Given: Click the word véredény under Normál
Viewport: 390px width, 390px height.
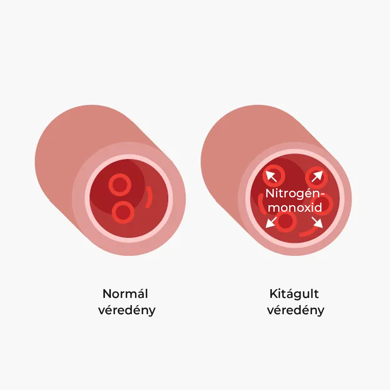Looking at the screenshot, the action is (127, 310).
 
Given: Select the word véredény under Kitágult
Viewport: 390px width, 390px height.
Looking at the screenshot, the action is (296, 310).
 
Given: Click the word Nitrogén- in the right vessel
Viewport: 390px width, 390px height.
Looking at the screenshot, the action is (295, 194).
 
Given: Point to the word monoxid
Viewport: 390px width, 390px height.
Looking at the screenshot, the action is (295, 207).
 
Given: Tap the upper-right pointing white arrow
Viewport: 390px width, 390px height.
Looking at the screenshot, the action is (317, 176).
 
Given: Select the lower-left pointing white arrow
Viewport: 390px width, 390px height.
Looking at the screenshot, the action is (271, 222).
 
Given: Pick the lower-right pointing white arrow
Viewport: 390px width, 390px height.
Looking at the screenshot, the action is (317, 222).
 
